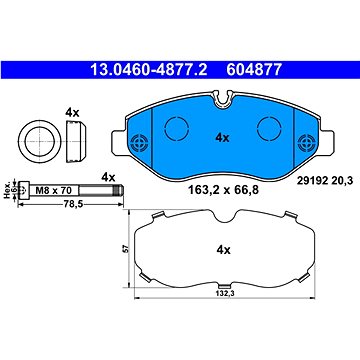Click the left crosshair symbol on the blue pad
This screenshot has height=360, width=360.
(x=142, y=140)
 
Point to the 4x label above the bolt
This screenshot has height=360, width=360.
(x=107, y=178)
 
